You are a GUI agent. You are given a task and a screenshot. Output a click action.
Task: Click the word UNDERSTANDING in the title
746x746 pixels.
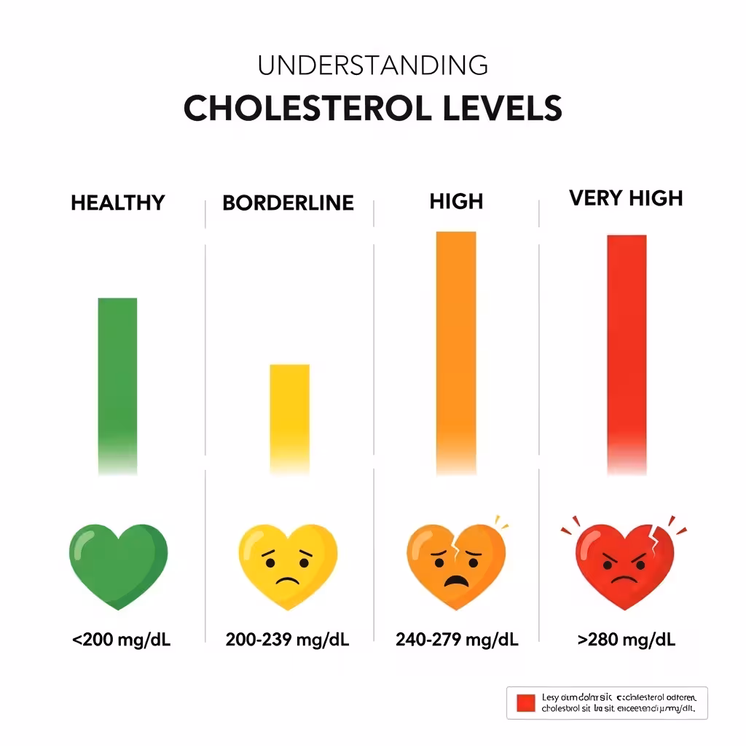pyautogui.click(x=372, y=66)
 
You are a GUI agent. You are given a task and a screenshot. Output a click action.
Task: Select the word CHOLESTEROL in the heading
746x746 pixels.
pyautogui.click(x=310, y=109)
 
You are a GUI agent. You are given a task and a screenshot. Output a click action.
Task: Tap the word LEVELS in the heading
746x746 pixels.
pyautogui.click(x=503, y=109)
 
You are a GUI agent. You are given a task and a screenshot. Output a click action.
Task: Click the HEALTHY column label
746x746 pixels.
pyautogui.click(x=118, y=203)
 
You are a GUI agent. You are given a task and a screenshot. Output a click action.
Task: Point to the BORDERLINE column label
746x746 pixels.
pyautogui.click(x=288, y=203)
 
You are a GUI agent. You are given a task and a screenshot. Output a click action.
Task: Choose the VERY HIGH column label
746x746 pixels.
pyautogui.click(x=626, y=197)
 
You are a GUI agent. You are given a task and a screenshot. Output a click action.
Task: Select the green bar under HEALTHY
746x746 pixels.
pyautogui.click(x=117, y=382)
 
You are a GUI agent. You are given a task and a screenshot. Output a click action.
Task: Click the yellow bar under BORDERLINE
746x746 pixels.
pyautogui.click(x=289, y=415)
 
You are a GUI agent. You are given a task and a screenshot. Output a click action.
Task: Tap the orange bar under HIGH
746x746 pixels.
pyautogui.click(x=456, y=350)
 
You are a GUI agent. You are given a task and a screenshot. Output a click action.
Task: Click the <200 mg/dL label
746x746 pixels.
pyautogui.click(x=121, y=640)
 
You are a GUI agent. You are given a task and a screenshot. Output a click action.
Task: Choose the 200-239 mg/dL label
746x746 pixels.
pyautogui.click(x=288, y=640)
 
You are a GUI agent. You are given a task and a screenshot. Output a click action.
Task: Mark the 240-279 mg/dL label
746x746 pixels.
pyautogui.click(x=457, y=640)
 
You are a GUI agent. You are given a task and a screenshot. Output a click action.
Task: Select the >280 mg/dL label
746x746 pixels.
pyautogui.click(x=626, y=640)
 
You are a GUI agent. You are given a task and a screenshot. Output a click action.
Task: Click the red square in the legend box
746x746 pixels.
pyautogui.click(x=526, y=703)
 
